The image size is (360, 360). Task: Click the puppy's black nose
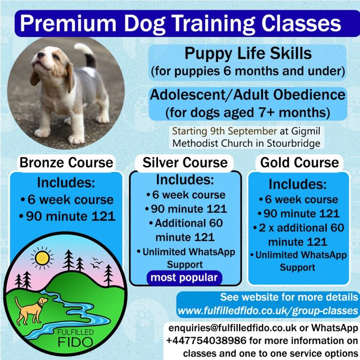(41, 55)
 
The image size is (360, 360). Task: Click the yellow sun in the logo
(42, 258)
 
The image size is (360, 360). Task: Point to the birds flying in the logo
(97, 263)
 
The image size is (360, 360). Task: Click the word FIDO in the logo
(75, 342)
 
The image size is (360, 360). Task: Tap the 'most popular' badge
(184, 278)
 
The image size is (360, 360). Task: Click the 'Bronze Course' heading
(67, 163)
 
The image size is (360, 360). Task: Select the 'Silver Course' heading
(185, 163)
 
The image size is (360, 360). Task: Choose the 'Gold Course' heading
(300, 163)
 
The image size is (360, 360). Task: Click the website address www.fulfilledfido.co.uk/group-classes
(268, 311)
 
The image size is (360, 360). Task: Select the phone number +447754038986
(206, 340)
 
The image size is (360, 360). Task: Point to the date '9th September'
(244, 131)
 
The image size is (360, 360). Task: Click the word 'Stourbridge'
(293, 143)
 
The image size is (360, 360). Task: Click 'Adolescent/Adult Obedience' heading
(247, 95)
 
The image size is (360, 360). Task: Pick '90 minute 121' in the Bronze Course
(70, 217)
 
